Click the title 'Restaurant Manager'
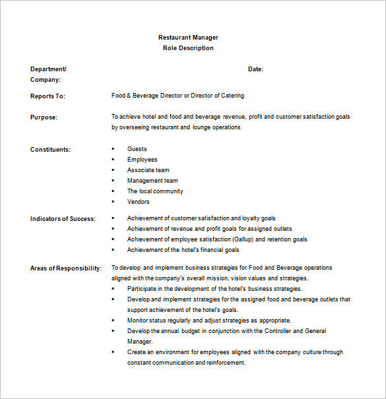[188, 38]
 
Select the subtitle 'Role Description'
[188, 48]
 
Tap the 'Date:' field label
[255, 69]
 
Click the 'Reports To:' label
[48, 96]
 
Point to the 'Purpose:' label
[44, 117]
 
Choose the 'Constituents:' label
[50, 150]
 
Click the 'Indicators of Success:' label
[63, 219]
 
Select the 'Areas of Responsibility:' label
[65, 268]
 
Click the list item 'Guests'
[137, 149]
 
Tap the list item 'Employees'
[143, 160]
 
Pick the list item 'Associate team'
[148, 170]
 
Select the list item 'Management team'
[152, 181]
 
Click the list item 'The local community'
[155, 191]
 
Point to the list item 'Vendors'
[139, 202]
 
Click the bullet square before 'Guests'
[113, 149]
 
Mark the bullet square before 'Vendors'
[113, 202]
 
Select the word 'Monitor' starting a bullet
[139, 321]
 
